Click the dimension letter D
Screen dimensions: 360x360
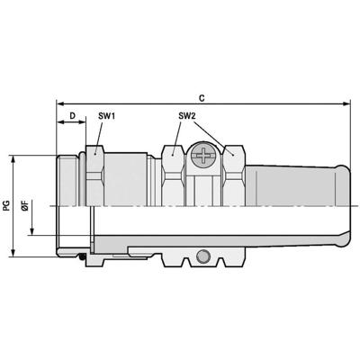coord(71,117)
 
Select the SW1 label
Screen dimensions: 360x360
coord(105,117)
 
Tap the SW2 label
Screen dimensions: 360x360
coord(186,117)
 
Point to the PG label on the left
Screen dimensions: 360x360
coord(7,207)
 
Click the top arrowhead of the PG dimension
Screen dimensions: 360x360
coord(15,158)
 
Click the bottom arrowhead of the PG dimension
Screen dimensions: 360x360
coord(15,255)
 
